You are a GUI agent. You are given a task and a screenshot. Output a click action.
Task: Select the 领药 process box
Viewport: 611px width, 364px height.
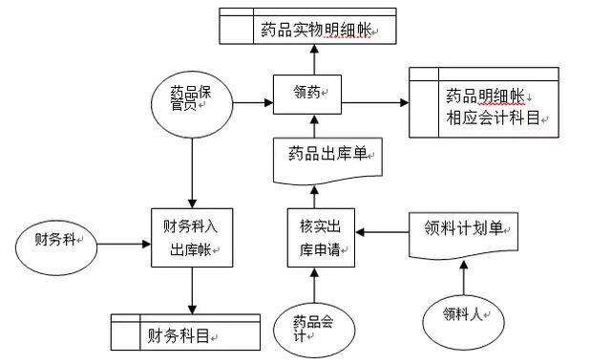pyautogui.click(x=312, y=93)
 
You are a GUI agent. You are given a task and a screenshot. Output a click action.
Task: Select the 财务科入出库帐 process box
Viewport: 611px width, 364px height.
pyautogui.click(x=193, y=237)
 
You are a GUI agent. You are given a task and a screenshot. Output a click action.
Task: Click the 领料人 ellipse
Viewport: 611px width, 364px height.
pyautogui.click(x=463, y=313)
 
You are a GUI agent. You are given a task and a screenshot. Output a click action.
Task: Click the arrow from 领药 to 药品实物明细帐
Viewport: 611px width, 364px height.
pyautogui.click(x=312, y=59)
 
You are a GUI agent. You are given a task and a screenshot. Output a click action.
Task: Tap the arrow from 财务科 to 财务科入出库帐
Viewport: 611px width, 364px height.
pyautogui.click(x=124, y=243)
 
